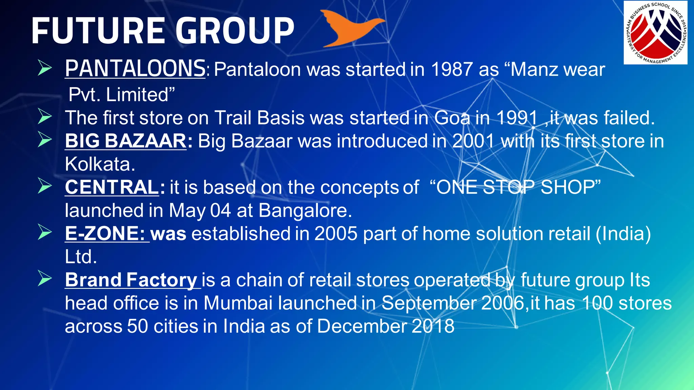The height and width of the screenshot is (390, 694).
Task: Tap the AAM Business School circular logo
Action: (655, 32)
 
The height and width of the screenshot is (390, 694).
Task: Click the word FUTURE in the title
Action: (98, 31)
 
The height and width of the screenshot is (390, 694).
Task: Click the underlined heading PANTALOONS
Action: (135, 69)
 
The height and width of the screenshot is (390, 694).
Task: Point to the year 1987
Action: (452, 70)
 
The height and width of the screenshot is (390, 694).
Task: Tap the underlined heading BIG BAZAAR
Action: (125, 141)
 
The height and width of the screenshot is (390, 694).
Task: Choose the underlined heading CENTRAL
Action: (111, 187)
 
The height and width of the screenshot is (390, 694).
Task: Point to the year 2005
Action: (336, 234)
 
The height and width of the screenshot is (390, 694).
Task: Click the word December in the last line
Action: (362, 326)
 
